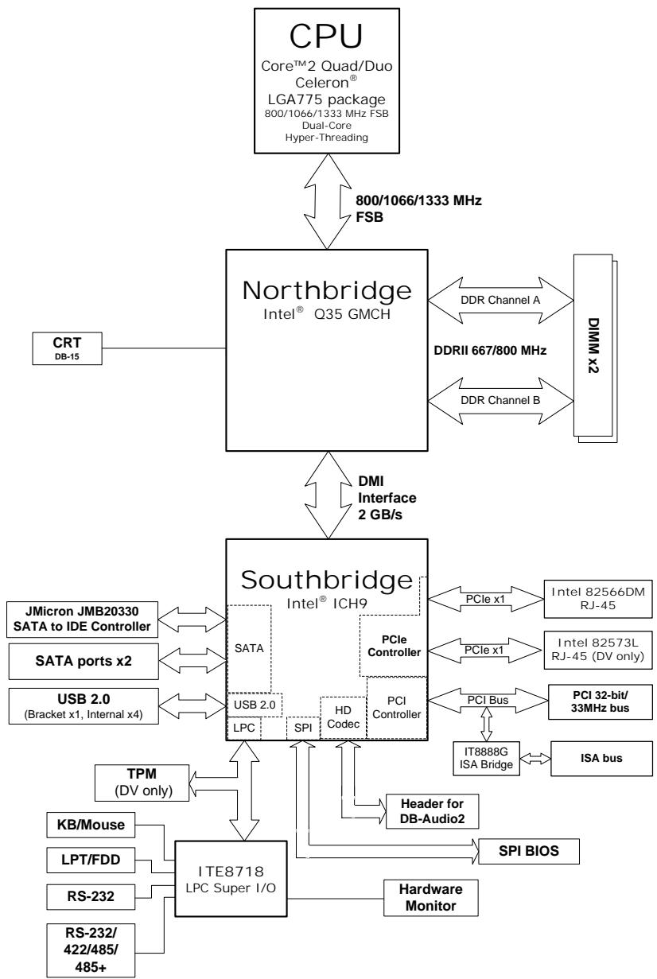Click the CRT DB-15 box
click(x=67, y=348)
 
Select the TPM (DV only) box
click(x=142, y=783)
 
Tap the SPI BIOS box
click(x=529, y=851)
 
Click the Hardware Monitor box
click(x=431, y=898)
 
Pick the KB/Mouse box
click(x=91, y=825)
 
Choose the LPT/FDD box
click(x=91, y=860)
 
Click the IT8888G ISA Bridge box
click(x=487, y=758)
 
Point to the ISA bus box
click(x=601, y=758)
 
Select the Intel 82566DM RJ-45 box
click(x=598, y=598)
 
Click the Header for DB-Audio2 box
click(x=433, y=811)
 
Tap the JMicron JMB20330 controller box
click(x=82, y=619)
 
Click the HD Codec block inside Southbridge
click(x=343, y=717)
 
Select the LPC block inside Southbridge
click(x=244, y=728)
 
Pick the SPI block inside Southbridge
click(x=303, y=728)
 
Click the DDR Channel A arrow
click(x=500, y=301)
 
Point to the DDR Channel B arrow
click(x=500, y=400)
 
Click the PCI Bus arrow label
click(x=488, y=700)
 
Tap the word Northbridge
click(x=327, y=290)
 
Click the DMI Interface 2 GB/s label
click(x=387, y=498)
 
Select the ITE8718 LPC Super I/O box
click(x=231, y=879)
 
